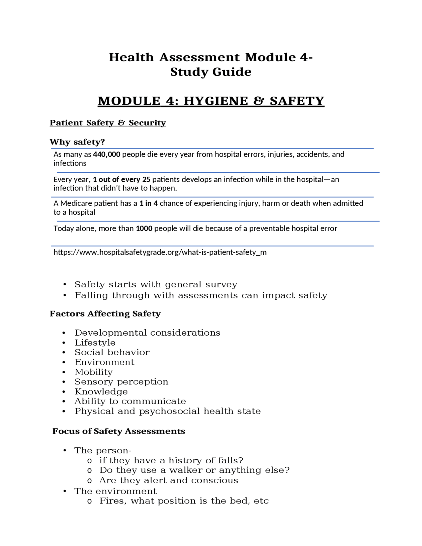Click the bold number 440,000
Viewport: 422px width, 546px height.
point(106,154)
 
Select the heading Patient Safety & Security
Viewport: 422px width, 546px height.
point(108,123)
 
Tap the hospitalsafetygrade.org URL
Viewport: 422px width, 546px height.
point(160,252)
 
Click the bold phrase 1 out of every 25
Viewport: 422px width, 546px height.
point(121,179)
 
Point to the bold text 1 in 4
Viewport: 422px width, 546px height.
point(148,203)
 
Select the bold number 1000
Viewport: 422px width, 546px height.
point(144,228)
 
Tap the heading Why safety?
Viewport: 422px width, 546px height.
point(77,142)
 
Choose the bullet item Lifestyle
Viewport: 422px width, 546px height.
point(95,343)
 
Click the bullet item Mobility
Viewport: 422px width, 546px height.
point(94,372)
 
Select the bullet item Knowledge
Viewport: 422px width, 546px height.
point(101,391)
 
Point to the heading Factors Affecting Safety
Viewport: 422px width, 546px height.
point(105,314)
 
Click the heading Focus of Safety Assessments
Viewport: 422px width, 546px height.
point(119,431)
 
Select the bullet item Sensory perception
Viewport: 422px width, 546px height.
point(121,381)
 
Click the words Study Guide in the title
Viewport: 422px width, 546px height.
point(211,72)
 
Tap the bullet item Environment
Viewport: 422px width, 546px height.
point(105,362)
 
